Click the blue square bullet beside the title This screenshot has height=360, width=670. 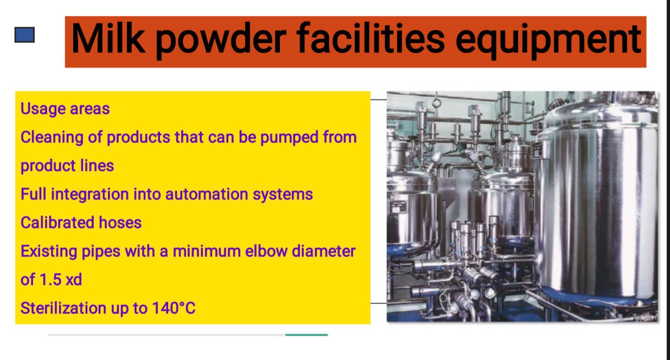24,35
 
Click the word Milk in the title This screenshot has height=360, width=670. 109,39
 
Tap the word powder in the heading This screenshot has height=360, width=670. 221,40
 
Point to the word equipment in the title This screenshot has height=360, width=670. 548,40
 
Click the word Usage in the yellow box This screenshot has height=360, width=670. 43,109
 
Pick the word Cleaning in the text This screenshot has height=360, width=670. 52,138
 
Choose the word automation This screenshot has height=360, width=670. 206,194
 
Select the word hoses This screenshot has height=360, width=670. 120,222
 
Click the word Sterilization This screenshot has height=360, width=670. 63,308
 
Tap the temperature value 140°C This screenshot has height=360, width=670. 174,308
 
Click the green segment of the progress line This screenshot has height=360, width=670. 307,335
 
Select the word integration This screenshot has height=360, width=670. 90,195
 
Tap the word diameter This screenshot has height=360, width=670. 324,251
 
